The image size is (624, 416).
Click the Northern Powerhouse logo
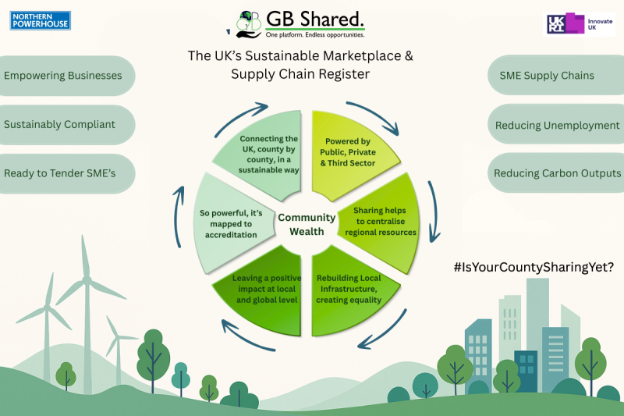[41, 20]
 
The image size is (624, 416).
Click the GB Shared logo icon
[249, 23]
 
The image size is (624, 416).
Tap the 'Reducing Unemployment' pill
[557, 125]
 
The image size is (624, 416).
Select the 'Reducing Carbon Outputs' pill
[557, 173]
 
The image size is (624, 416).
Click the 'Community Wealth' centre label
[307, 224]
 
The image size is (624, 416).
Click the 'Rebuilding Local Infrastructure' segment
[349, 289]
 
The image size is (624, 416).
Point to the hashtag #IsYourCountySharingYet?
[534, 266]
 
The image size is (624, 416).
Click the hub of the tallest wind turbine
[87, 279]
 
